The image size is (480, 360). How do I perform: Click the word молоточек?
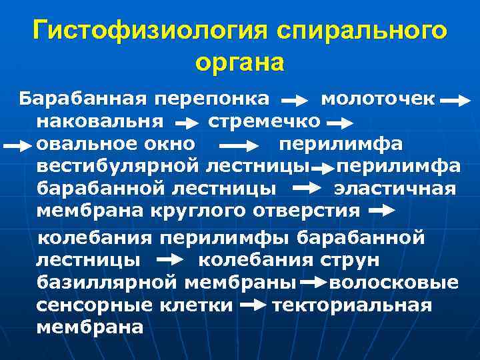pyautogui.click(x=378, y=100)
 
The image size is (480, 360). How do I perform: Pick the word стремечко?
pyautogui.click(x=264, y=122)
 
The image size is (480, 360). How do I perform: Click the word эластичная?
pyautogui.click(x=395, y=189)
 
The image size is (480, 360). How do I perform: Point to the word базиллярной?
pyautogui.click(x=107, y=282)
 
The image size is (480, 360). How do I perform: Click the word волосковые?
pyautogui.click(x=394, y=282)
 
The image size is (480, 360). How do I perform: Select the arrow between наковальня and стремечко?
pyautogui.click(x=189, y=124)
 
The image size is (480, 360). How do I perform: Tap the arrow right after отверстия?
pyautogui.click(x=381, y=211)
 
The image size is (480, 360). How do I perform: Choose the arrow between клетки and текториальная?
pyautogui.click(x=252, y=306)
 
